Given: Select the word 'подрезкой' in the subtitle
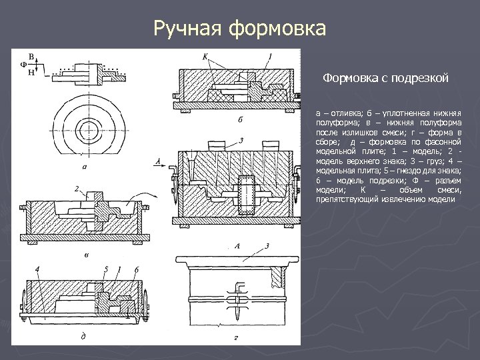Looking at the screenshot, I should tap(420, 79).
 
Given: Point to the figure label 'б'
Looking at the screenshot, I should tap(239, 121).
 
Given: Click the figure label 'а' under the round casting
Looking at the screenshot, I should tap(85, 167).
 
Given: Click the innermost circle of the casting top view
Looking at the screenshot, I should tap(85, 127).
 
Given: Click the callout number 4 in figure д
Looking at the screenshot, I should tap(37, 269).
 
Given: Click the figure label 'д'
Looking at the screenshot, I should tap(82, 335).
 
